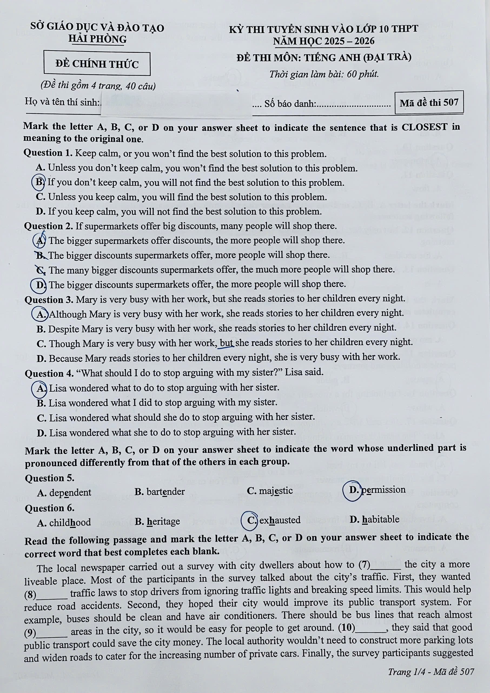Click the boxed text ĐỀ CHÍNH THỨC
pos(97,64)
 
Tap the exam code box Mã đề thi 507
pos(429,103)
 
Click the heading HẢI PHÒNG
pos(97,39)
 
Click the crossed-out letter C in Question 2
pos(41,270)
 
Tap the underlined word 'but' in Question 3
pos(227,343)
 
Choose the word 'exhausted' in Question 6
pos(280,520)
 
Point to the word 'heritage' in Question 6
pos(163,521)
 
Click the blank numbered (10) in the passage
pos(372,628)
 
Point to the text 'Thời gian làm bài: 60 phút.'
pos(324,74)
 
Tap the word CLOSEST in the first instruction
pos(424,127)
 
